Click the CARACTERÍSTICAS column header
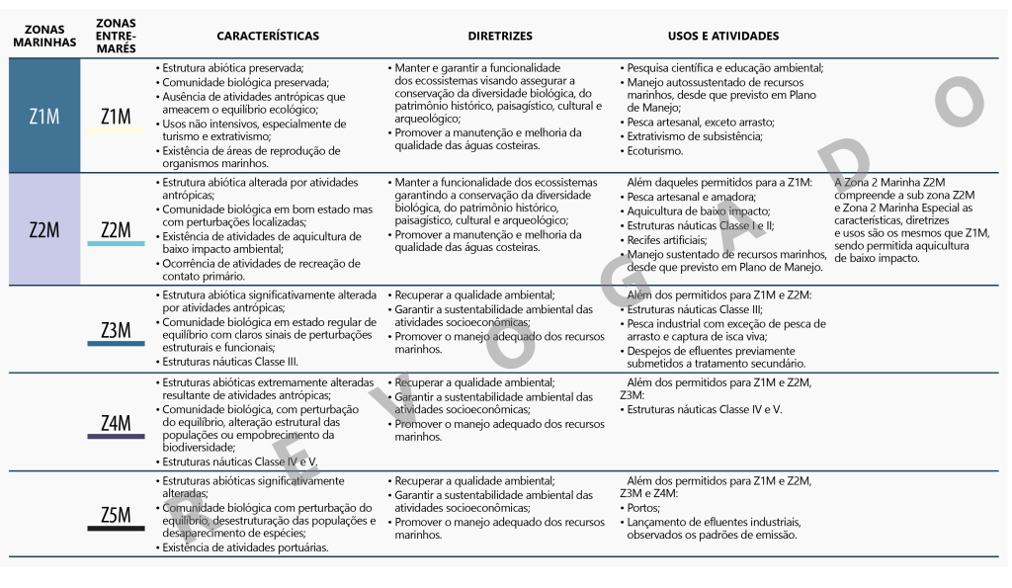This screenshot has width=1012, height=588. point(268,37)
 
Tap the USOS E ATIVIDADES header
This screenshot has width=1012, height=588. point(723,37)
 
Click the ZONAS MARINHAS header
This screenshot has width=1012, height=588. point(44,37)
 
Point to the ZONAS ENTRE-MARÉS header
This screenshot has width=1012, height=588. point(117,37)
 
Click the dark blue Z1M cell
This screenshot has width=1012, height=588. point(44,117)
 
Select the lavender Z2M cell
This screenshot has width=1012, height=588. point(44,230)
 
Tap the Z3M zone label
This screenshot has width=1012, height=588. point(117,330)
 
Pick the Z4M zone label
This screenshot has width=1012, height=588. point(117,424)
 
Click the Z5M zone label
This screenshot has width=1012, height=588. point(117,515)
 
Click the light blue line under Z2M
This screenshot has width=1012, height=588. point(117,243)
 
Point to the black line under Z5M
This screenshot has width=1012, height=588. point(117,528)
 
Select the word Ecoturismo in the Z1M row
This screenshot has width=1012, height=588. point(655,151)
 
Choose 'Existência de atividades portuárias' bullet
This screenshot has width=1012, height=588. point(245,547)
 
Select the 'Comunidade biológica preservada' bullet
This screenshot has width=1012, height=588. point(246,83)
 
